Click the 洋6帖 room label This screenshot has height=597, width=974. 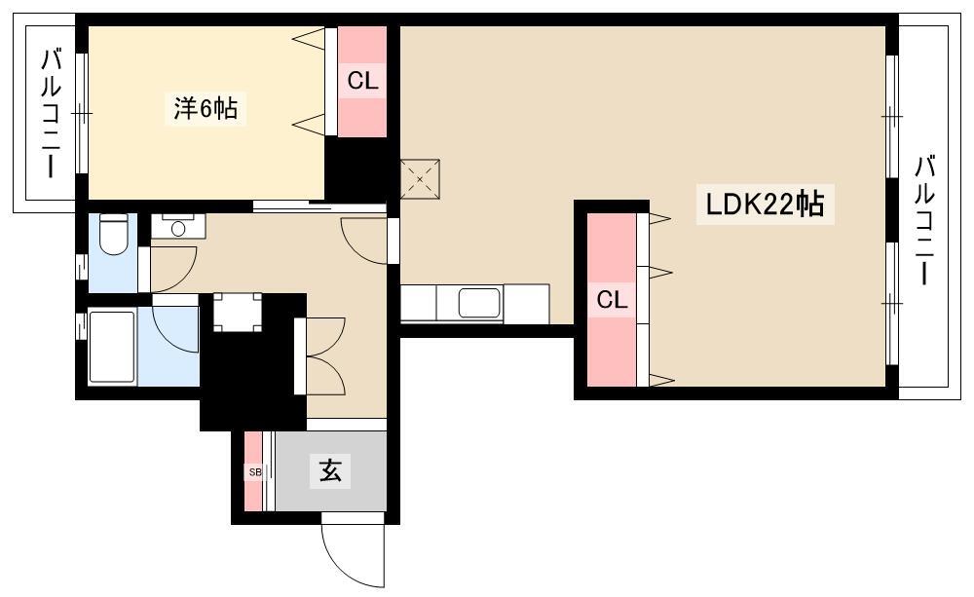(x=205, y=109)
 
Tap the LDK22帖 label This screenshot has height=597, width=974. (x=765, y=204)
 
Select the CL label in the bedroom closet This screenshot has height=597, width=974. (x=362, y=81)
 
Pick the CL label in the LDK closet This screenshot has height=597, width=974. (x=612, y=301)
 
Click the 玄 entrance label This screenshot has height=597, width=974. (x=330, y=470)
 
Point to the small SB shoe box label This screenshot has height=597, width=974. (x=254, y=472)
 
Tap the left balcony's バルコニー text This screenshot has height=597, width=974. (x=51, y=114)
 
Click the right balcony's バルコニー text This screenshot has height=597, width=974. (x=924, y=220)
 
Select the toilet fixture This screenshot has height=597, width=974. (x=114, y=235)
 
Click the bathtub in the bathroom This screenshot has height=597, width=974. (x=112, y=347)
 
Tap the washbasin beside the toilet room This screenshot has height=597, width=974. (x=178, y=227)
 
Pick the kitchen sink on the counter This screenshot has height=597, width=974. (x=479, y=303)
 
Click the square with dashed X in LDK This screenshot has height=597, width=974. (x=420, y=179)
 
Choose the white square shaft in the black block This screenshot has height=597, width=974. (x=238, y=312)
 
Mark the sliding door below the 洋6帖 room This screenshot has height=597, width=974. (x=319, y=206)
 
